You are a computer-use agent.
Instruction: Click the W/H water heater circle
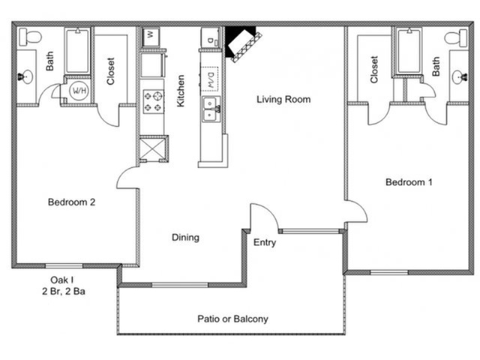pyautogui.click(x=77, y=91)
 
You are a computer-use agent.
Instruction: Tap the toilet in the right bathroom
pyautogui.click(x=453, y=37)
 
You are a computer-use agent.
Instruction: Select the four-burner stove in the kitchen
pyautogui.click(x=154, y=101)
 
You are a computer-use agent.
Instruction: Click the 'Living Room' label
pyautogui.click(x=283, y=99)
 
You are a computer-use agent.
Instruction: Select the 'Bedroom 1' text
pyautogui.click(x=409, y=182)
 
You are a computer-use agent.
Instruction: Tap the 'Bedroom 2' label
pyautogui.click(x=71, y=202)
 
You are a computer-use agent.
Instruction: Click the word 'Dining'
pyautogui.click(x=185, y=238)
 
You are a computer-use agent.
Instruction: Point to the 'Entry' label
pyautogui.click(x=264, y=242)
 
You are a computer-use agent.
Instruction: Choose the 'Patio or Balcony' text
pyautogui.click(x=232, y=319)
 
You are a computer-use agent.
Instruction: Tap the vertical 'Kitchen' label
pyautogui.click(x=181, y=90)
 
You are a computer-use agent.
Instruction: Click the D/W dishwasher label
pyautogui.click(x=211, y=78)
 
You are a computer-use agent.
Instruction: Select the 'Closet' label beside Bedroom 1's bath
pyautogui.click(x=374, y=70)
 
